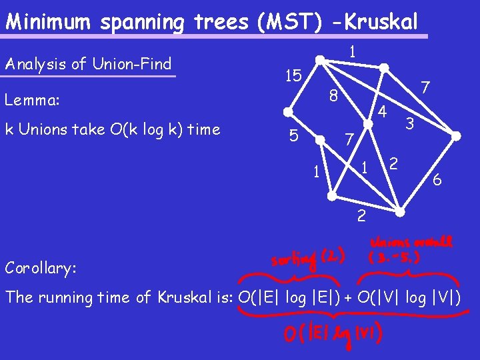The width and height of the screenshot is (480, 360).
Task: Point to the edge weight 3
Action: pos(410,123)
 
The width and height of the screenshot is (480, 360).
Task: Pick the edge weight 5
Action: pos(292,136)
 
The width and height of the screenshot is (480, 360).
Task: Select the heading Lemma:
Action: pos(32,101)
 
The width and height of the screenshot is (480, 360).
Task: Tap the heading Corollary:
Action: pos(41,268)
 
